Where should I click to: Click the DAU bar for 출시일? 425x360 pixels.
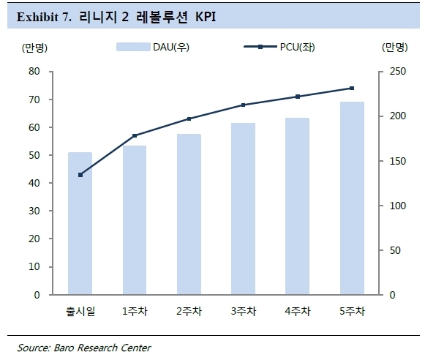coord(80,223)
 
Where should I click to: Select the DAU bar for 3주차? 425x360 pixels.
coord(243,209)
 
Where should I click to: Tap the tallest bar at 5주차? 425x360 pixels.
coord(352,198)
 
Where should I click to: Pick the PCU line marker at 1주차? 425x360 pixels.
coord(135,135)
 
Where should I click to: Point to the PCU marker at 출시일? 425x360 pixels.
coord(80,175)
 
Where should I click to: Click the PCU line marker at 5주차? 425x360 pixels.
coord(352,88)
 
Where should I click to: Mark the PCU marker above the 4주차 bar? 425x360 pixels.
coord(298,97)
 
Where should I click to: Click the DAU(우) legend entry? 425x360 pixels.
coord(153,47)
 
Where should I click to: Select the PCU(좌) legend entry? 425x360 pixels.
coord(279,47)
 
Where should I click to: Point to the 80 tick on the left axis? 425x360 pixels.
coord(34,71)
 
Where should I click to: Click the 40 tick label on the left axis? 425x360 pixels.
coord(34,183)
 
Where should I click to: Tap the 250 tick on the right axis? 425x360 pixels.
coord(398,71)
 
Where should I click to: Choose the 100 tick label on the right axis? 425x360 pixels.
coord(398,206)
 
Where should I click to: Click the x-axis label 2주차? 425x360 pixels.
coord(189,311)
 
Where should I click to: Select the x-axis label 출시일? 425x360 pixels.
coord(80,311)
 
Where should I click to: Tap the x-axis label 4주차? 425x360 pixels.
coord(298,311)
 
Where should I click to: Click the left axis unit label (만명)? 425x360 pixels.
coord(34,48)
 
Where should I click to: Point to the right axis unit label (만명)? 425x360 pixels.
coord(395,48)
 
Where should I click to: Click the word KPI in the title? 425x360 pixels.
coord(206,17)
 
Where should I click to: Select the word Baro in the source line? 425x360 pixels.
coord(63,348)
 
